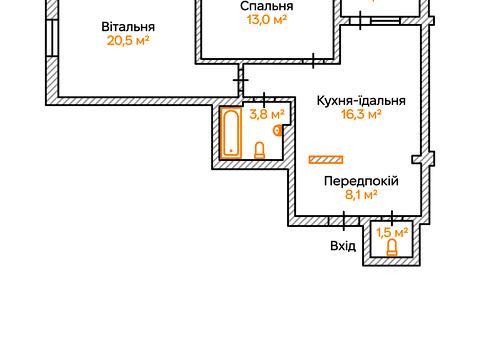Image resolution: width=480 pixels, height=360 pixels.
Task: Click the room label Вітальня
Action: tap(128, 26)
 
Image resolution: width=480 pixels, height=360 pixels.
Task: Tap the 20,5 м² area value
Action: tap(128, 41)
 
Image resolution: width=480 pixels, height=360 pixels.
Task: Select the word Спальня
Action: tap(266, 6)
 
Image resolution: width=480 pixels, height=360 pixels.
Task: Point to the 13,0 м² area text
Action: tap(266, 19)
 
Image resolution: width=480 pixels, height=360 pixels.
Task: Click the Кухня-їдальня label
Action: tap(360, 100)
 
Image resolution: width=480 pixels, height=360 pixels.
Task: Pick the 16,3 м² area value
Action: tap(361, 114)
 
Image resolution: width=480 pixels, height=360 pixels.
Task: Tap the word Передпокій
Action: tap(361, 181)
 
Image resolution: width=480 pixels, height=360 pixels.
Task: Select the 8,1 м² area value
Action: tap(361, 195)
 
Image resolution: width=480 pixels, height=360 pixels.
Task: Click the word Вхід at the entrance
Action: tap(343, 245)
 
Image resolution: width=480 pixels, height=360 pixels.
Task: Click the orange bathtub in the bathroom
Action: tap(232, 133)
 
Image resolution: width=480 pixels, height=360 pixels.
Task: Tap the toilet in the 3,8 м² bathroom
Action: tap(260, 151)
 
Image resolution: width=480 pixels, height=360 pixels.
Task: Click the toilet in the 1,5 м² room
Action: tap(392, 248)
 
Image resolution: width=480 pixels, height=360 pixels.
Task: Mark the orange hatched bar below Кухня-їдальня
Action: tap(325, 159)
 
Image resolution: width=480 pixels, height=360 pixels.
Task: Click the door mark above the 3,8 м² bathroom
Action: tap(263, 99)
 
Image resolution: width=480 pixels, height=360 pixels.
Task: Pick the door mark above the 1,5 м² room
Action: tap(392, 216)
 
